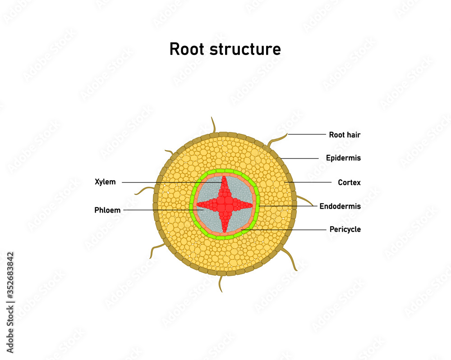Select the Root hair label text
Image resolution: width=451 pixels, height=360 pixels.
345,135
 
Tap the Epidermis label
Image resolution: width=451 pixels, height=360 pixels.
343,158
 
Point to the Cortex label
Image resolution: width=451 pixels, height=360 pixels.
349,182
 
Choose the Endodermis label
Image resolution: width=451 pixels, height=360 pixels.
340,206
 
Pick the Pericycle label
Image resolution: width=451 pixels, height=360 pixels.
345,229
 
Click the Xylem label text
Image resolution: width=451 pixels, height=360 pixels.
105,182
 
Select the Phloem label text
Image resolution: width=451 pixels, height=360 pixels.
107,210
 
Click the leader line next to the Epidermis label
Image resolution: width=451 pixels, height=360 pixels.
302,158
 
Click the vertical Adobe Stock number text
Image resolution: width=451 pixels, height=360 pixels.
10,302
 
